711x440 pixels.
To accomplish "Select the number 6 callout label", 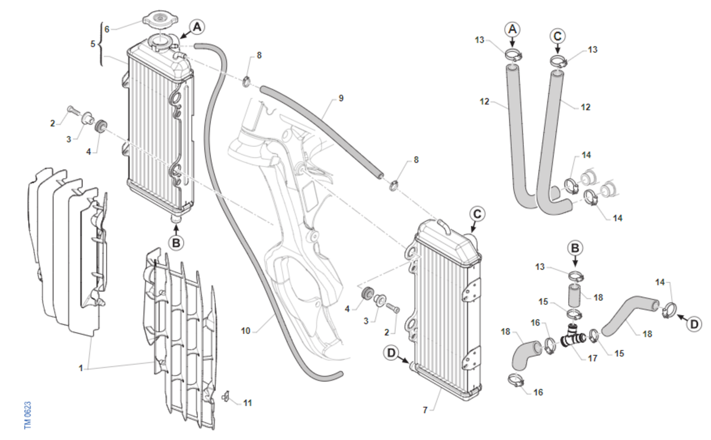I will (107, 29).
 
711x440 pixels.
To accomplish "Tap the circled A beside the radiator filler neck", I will (197, 26).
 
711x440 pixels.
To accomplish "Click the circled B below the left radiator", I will (175, 242).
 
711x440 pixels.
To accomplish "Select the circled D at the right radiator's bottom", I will (392, 353).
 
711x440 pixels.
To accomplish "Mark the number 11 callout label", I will (248, 403).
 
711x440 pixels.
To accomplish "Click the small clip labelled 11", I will (225, 396).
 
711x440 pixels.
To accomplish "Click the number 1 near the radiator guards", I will (81, 368).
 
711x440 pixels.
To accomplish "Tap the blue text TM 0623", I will (27, 415).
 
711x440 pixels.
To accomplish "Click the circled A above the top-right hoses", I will (513, 28).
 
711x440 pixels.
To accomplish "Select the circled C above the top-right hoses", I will (557, 35).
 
